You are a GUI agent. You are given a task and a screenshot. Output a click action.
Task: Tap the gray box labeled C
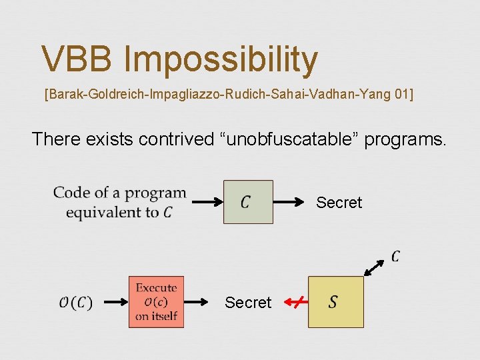[247, 201]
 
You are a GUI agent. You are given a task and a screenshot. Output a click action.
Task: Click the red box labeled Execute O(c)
[156, 302]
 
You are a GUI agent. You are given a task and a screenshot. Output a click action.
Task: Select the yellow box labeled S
[335, 302]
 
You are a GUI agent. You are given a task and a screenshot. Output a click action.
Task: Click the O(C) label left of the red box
[75, 303]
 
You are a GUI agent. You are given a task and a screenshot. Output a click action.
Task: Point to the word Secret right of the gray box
[339, 202]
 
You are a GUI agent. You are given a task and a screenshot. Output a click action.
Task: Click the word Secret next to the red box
[248, 303]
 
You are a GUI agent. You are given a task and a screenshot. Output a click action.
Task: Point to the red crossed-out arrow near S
[295, 303]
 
